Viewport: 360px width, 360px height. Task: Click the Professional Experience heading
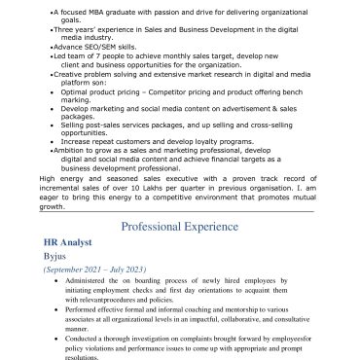tap(179, 226)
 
